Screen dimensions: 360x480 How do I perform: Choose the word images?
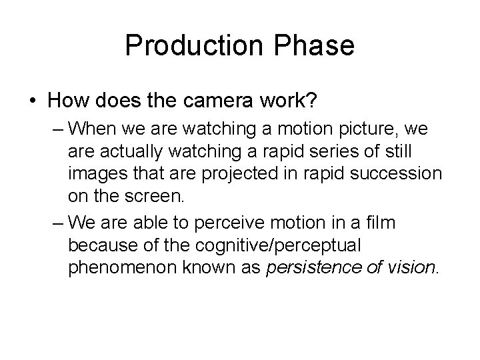point(96,175)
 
